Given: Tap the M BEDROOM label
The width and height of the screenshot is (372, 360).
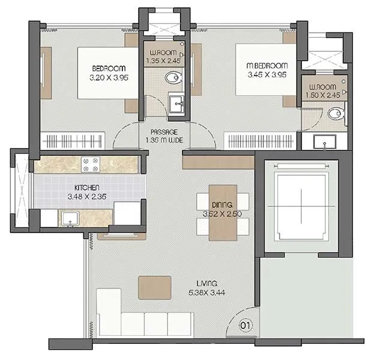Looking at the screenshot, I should tap(267, 65).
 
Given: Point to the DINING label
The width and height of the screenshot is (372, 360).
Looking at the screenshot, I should tap(223, 205).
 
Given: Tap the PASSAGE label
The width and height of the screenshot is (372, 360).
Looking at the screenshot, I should tap(164, 132).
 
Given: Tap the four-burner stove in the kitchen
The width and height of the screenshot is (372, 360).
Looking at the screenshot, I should tap(91, 163).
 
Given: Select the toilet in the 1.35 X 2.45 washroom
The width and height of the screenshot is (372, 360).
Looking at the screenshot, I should tap(173, 78).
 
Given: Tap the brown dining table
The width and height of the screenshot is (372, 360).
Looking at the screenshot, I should tap(223, 213).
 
